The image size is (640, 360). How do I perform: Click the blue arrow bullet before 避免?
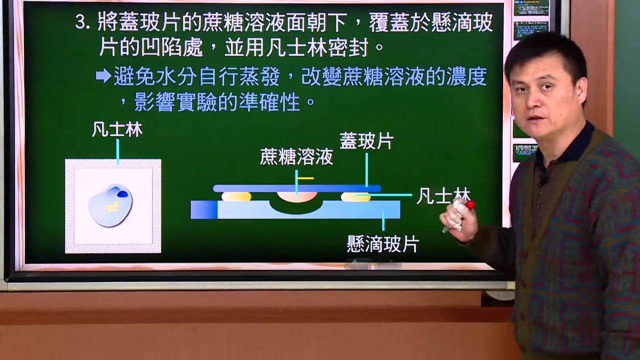tap(103, 75)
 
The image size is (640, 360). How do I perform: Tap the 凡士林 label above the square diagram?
tap(117, 130)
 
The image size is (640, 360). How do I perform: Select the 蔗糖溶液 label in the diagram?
tap(296, 157)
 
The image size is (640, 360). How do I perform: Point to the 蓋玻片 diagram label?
tap(366, 141)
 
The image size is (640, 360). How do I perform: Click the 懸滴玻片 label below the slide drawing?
tap(383, 243)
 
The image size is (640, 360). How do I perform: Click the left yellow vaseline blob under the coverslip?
tap(236, 196)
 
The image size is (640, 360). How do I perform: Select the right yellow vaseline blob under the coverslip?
tap(355, 196)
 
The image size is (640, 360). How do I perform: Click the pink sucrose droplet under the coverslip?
tap(297, 196)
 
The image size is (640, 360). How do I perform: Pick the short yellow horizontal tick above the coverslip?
tap(305, 178)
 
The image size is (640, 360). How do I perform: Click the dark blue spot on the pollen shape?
tap(122, 194)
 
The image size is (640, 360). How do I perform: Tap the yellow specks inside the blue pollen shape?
tap(112, 207)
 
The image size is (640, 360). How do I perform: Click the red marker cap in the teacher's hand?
tap(470, 205)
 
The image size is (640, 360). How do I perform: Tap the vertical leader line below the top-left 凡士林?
tap(117, 152)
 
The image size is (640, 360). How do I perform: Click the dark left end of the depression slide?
tap(204, 209)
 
